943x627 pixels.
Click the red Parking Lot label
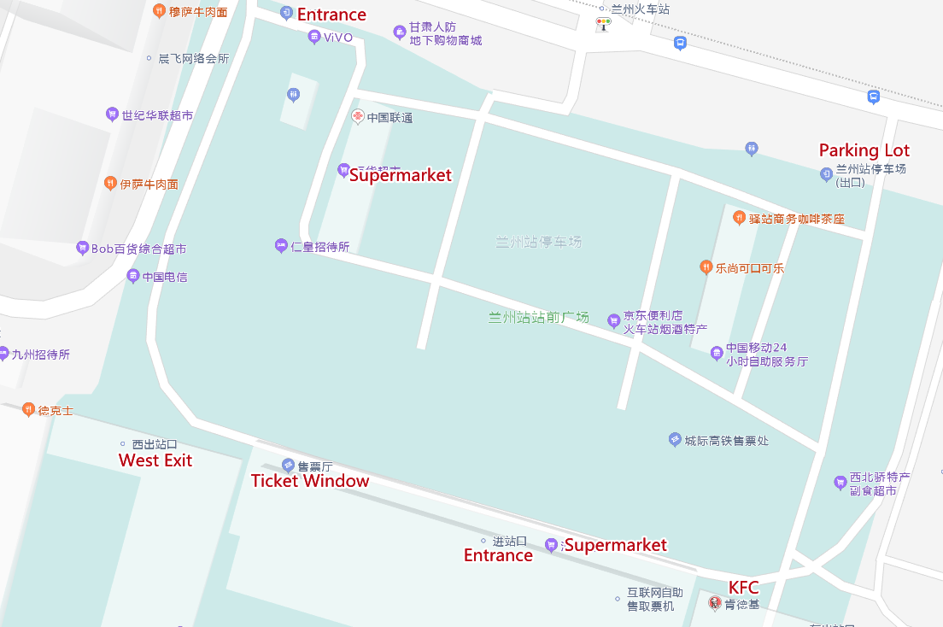(864, 150)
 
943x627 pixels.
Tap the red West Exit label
(155, 460)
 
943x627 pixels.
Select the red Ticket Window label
(310, 481)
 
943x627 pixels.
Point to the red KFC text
(743, 588)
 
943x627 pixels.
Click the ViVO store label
(337, 37)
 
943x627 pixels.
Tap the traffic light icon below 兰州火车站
(604, 25)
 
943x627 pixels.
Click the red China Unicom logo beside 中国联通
(358, 117)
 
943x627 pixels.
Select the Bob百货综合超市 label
(138, 249)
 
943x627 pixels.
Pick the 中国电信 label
(165, 277)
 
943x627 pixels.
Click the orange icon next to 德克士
(28, 410)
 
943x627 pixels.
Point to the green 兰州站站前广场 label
(538, 317)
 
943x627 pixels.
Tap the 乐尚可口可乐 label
(749, 267)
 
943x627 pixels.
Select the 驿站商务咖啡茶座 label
(796, 219)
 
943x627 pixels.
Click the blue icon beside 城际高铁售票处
(675, 440)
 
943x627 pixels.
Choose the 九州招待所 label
(40, 354)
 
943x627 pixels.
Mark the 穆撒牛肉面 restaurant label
(198, 11)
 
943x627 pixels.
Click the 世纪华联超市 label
(157, 114)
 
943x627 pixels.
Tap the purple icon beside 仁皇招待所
(280, 246)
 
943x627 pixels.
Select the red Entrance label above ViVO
(331, 15)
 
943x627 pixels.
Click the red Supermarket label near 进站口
(615, 545)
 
